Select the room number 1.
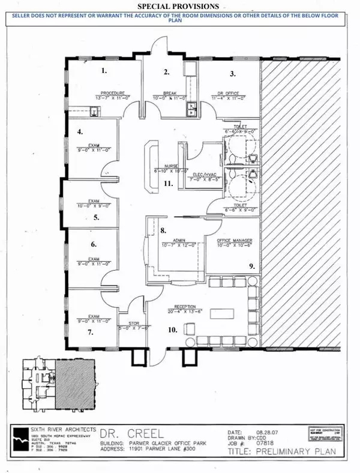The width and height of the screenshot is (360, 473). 104,70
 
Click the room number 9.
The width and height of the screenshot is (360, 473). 251,265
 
